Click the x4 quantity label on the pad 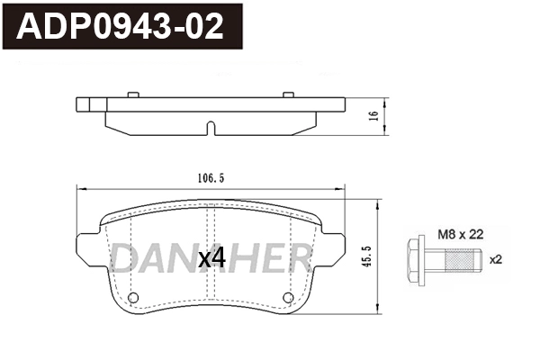click(x=211, y=258)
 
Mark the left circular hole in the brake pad click(x=133, y=298)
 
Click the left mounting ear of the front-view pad click(x=88, y=246)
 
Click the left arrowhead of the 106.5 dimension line click(x=81, y=188)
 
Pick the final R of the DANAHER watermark click(x=301, y=258)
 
